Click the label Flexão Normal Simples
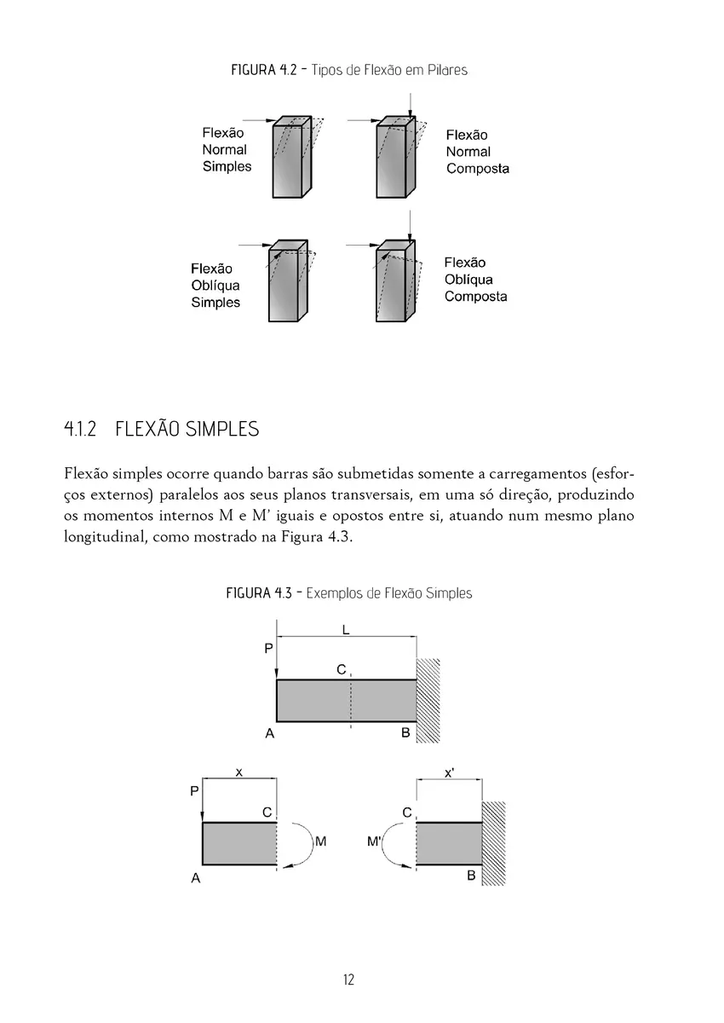coord(226,150)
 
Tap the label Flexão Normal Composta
coord(477,152)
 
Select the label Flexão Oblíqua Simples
coord(215,286)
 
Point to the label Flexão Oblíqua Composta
coord(475,280)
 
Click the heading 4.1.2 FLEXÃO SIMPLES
coord(162,429)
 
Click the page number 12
coord(348,980)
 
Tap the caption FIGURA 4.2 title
coord(349,70)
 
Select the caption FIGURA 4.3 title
coord(348,592)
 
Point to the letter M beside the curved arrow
coord(321,841)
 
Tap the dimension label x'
coord(449,773)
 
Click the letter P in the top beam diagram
coord(268,649)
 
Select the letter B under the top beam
coord(405,733)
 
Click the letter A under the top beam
coord(269,733)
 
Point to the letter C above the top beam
coord(341,670)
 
